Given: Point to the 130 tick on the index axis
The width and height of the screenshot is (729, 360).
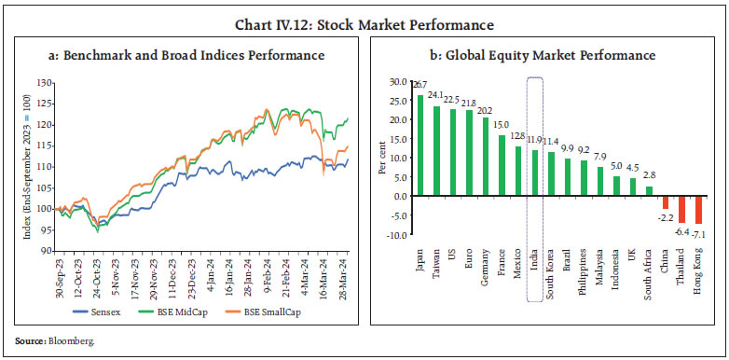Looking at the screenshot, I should coord(45,84).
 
